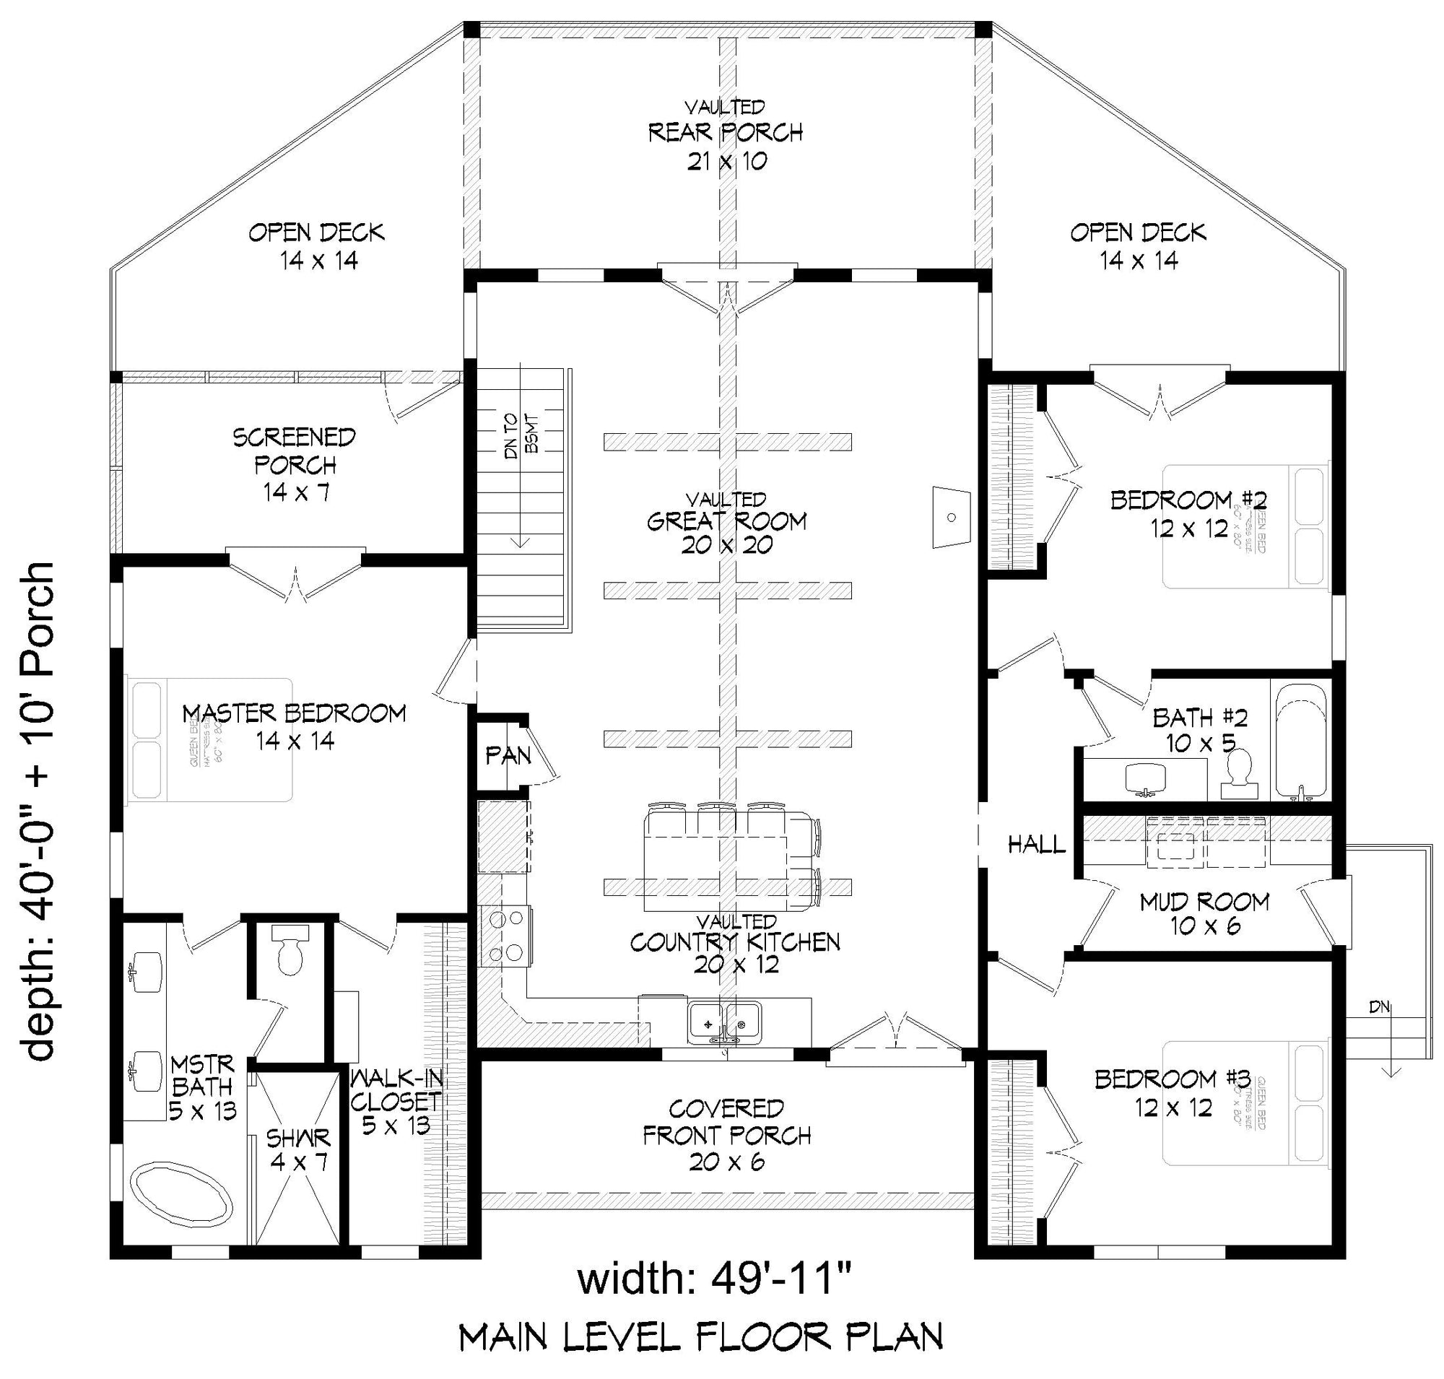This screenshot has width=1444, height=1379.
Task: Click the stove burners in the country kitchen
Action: pyautogui.click(x=506, y=936)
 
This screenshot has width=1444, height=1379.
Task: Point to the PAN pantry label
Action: pyautogui.click(x=508, y=755)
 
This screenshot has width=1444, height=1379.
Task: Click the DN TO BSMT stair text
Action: pyautogui.click(x=521, y=436)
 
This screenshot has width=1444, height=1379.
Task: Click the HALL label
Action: pyautogui.click(x=1036, y=845)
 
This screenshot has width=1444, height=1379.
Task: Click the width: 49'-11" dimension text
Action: pyautogui.click(x=714, y=1279)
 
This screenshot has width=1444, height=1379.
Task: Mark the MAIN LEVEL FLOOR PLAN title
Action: pyautogui.click(x=700, y=1338)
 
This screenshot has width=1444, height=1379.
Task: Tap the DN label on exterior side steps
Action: pyautogui.click(x=1379, y=1007)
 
